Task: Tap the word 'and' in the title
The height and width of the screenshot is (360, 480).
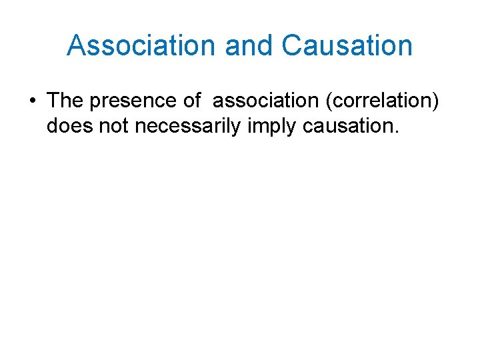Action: [x=250, y=45]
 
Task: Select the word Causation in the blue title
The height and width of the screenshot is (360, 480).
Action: [x=347, y=45]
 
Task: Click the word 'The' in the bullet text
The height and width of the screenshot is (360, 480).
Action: [x=65, y=101]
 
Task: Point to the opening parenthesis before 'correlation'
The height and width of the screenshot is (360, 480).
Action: [x=334, y=101]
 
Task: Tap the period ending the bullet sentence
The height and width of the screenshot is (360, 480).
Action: [x=396, y=131]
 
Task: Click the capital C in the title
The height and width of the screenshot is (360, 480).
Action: [x=292, y=45]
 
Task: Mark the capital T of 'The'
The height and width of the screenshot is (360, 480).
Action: [x=54, y=101]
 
